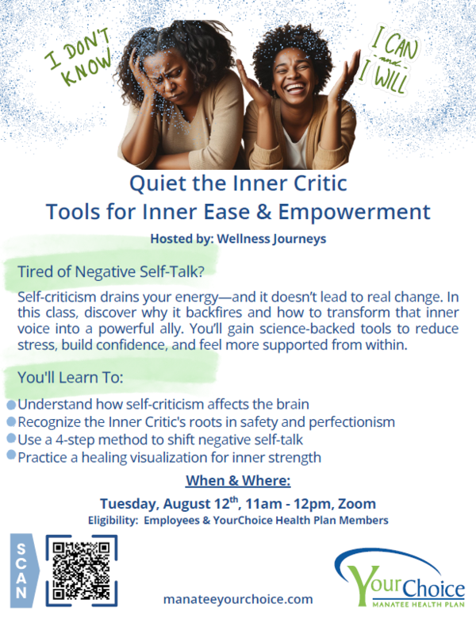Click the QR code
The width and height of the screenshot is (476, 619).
(x=82, y=571)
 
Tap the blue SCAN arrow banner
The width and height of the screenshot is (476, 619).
(x=25, y=571)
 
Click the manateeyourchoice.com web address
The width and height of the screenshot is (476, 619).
(x=238, y=599)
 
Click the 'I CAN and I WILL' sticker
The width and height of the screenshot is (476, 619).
(x=391, y=60)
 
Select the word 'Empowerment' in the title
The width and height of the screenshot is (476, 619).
(x=354, y=213)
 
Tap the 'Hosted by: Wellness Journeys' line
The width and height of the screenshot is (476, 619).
(x=238, y=239)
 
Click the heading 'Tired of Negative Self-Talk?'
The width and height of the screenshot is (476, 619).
(x=111, y=271)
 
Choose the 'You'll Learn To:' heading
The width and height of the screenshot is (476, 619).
(x=71, y=378)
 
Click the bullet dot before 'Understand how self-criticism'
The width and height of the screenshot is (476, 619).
(x=11, y=405)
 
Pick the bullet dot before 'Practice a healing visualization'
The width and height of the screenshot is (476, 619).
(x=11, y=455)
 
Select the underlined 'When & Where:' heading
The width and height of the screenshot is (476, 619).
(x=238, y=480)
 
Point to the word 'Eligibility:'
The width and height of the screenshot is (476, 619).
(x=113, y=521)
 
